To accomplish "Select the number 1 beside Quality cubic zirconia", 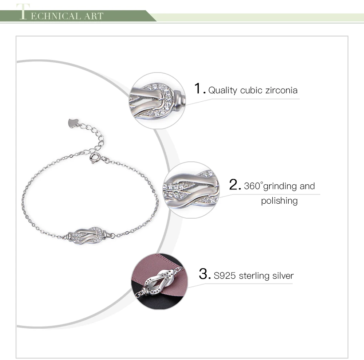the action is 198,89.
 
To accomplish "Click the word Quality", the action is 222,90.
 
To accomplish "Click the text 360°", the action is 253,186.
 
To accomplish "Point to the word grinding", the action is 280,187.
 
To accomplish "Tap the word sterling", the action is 255,276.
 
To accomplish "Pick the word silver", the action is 283,275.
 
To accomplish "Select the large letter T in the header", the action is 23,12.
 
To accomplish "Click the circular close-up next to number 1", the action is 158,101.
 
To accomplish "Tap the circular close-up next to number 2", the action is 190,190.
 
